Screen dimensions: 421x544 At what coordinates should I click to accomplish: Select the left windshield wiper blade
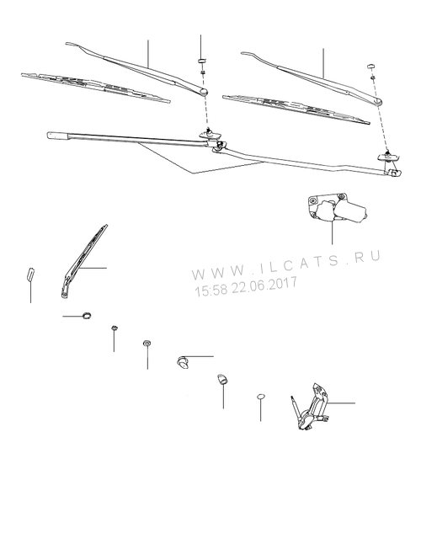[96, 88]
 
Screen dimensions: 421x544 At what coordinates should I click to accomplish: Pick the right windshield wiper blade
[296, 109]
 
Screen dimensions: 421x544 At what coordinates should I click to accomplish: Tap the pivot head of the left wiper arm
[203, 92]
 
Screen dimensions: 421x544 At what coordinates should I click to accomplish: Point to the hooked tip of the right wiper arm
[246, 53]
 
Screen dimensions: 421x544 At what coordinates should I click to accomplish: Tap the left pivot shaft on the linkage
[210, 133]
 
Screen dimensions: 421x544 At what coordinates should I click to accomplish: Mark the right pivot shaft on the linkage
[388, 156]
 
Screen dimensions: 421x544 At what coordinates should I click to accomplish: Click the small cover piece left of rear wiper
[31, 273]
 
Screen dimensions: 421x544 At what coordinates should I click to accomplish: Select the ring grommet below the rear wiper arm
[87, 315]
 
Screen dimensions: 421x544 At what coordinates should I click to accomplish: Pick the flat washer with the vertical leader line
[147, 343]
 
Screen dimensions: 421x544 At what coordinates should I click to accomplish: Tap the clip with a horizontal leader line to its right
[183, 362]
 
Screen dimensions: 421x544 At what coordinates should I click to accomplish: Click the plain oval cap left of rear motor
[261, 397]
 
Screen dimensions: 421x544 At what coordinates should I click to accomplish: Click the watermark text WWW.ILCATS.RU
[286, 264]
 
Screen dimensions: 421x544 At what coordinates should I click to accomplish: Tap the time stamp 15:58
[210, 291]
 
